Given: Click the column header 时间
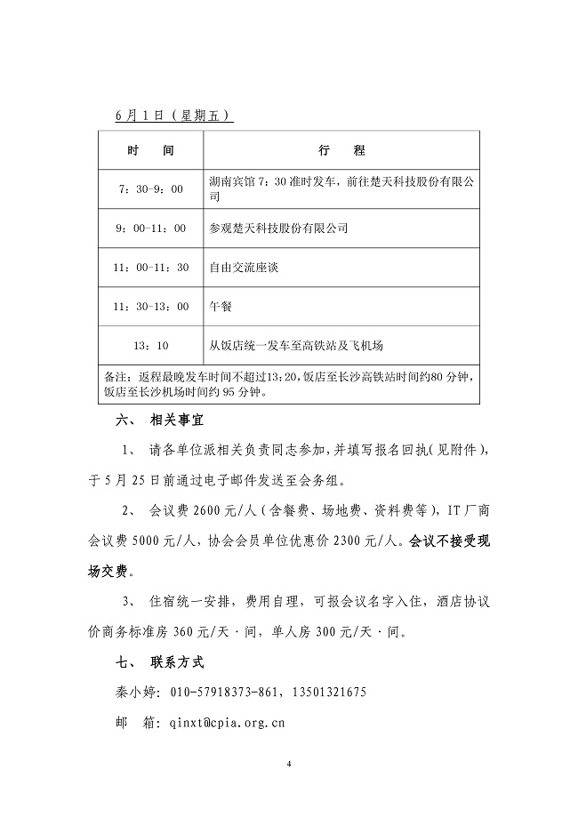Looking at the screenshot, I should [150, 150].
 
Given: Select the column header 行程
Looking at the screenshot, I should [341, 150].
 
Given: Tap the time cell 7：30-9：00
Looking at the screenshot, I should [150, 189].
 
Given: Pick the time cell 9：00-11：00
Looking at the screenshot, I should [150, 228].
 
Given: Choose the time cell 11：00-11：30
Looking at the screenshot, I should [150, 267].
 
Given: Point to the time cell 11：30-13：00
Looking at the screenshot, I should [150, 306].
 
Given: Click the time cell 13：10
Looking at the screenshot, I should [150, 345].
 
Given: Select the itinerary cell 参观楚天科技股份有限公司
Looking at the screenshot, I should [278, 228].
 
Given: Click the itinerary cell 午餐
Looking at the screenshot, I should [219, 306].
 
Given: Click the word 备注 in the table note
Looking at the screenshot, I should [116, 377].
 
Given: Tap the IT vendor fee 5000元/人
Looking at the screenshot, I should [162, 540].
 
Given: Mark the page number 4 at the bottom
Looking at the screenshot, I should [289, 764].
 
